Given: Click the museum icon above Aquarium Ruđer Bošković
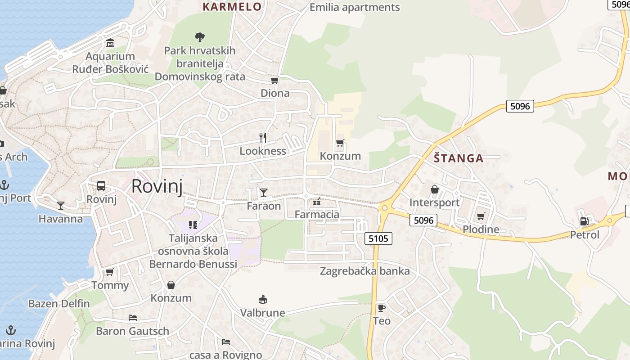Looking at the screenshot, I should click(x=110, y=44).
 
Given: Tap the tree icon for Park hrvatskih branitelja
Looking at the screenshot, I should click(x=199, y=37).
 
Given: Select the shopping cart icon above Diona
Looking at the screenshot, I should click(x=274, y=81).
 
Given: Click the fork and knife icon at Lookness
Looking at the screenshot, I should click(x=263, y=138).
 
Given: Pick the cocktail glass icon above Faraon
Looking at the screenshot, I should click(x=264, y=193).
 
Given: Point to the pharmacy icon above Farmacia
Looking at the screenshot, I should click(x=317, y=201).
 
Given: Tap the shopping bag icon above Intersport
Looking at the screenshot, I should click(x=435, y=189).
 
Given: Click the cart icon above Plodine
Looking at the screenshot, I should click(x=481, y=216).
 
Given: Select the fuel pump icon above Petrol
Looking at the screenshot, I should click(x=585, y=221).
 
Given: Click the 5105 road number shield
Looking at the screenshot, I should click(x=378, y=238).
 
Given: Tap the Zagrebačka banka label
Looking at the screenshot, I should click(x=364, y=271).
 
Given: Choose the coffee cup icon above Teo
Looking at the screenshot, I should click(x=381, y=308).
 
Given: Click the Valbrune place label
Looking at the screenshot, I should click(x=263, y=313).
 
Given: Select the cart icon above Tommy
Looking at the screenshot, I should click(x=109, y=272).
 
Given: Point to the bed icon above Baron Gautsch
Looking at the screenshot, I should click(x=132, y=318).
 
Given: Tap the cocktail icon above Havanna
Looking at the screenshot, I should click(x=61, y=206).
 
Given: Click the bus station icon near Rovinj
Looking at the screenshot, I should click(x=101, y=186).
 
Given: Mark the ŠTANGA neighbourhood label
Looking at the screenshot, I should click(x=459, y=158).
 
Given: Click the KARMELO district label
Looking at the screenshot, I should click(x=232, y=7).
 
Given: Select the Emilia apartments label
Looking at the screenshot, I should click(x=355, y=7).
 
